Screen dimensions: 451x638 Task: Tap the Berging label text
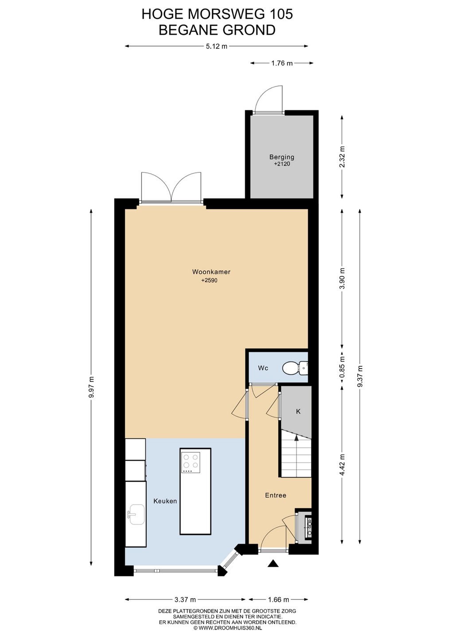click(282, 157)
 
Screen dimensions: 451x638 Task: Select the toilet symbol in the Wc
click(295, 368)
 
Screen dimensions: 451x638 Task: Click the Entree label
click(276, 495)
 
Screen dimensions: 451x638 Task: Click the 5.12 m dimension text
click(217, 46)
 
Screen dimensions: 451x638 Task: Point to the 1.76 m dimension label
click(282, 63)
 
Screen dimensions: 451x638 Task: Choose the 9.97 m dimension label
click(91, 388)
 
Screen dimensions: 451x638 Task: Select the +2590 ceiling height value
click(209, 280)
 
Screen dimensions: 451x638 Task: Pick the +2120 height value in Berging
click(282, 164)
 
